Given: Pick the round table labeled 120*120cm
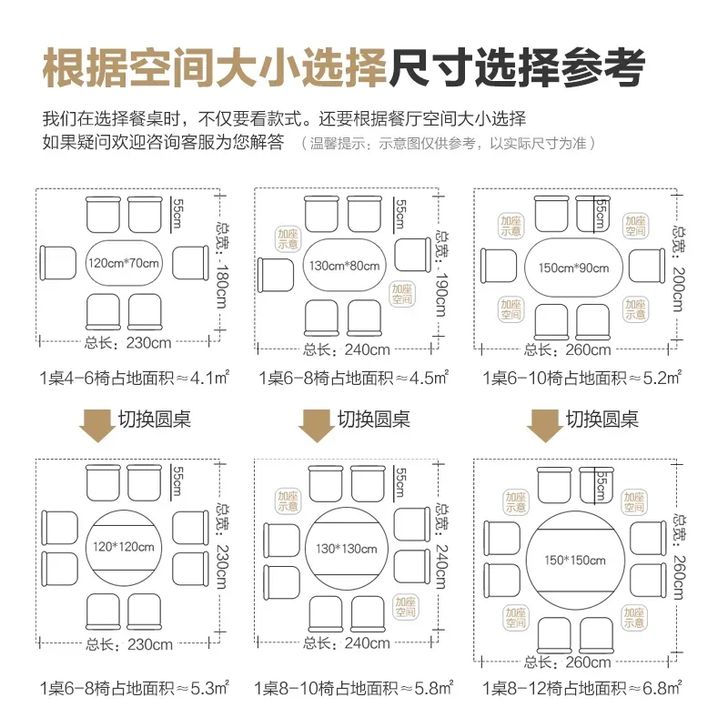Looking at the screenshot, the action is [128, 548].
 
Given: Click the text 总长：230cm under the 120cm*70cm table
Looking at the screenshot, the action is [128, 344].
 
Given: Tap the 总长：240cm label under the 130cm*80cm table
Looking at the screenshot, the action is [347, 349].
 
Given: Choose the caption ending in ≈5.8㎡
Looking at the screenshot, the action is [354, 689].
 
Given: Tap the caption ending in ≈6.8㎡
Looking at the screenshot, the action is [582, 689].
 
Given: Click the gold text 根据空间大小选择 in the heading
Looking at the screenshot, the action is [215, 67].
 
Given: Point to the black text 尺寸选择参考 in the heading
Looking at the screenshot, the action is [517, 67].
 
